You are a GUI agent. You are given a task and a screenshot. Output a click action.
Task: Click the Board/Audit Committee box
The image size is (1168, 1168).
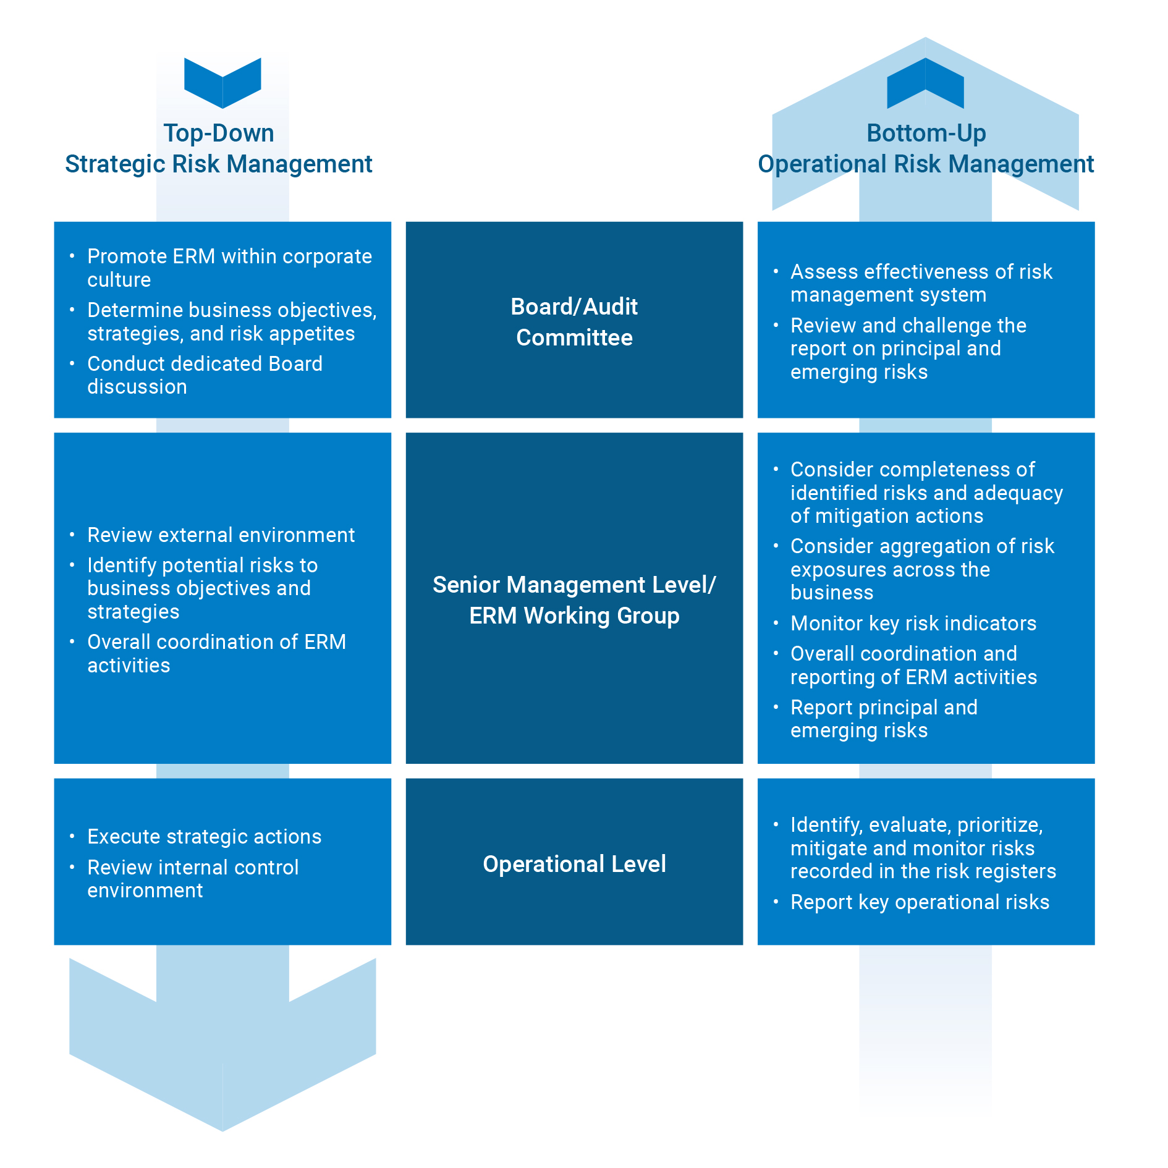pos(574,320)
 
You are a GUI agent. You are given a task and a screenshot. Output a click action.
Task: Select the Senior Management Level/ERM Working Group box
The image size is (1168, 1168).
pos(574,598)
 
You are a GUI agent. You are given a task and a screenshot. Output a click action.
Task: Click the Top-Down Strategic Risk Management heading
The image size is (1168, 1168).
pos(219,149)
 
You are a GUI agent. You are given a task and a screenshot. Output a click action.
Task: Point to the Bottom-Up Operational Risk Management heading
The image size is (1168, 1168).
pos(926,149)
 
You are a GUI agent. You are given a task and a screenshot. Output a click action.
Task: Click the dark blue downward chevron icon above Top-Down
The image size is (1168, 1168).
pos(222,83)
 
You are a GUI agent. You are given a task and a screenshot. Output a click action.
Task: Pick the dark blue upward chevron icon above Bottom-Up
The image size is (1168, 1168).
pos(925,83)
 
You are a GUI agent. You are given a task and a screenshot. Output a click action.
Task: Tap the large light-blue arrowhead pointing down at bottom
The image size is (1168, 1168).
pos(222,1063)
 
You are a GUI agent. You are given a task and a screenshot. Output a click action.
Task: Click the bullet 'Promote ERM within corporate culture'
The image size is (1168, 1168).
pos(229,268)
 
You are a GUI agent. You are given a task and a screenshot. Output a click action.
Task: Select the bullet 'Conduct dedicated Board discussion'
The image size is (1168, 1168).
pos(205,375)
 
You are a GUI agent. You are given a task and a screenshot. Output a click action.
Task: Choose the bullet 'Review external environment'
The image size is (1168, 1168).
pos(221,535)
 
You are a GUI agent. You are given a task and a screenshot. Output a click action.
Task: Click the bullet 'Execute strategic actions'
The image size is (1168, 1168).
pos(204,837)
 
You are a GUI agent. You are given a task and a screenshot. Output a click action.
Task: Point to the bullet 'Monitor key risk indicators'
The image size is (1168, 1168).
pos(913,624)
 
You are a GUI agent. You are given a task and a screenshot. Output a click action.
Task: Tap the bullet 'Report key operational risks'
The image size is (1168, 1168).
pos(920,902)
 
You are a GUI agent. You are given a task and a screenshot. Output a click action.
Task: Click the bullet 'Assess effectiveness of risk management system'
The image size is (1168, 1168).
pos(921,283)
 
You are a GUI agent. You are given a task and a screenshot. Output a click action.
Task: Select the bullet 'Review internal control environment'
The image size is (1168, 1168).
pos(193,879)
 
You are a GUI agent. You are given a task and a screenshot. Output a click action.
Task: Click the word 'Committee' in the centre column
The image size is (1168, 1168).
pos(574,337)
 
